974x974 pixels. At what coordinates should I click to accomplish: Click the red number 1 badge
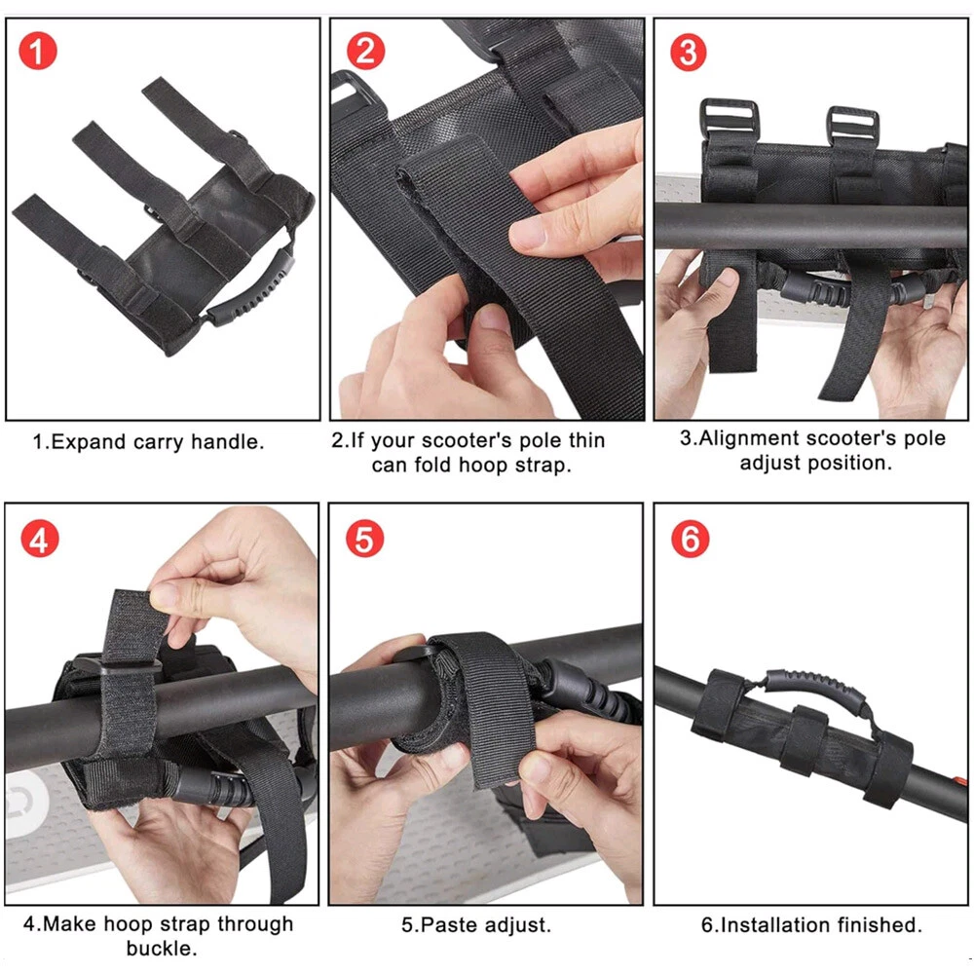pyautogui.click(x=38, y=52)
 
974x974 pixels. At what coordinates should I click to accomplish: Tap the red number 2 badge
pyautogui.click(x=365, y=51)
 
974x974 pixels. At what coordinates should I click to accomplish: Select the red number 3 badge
pyautogui.click(x=689, y=53)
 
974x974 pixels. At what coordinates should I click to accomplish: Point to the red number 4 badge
pyautogui.click(x=39, y=539)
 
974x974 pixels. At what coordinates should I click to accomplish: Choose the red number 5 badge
pyautogui.click(x=364, y=539)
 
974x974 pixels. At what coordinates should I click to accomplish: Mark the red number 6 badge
pyautogui.click(x=691, y=539)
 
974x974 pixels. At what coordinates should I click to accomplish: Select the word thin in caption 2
pyautogui.click(x=586, y=440)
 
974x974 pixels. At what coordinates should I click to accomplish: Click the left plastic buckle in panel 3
pyautogui.click(x=729, y=121)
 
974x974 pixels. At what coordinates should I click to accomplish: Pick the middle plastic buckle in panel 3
pyautogui.click(x=851, y=127)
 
